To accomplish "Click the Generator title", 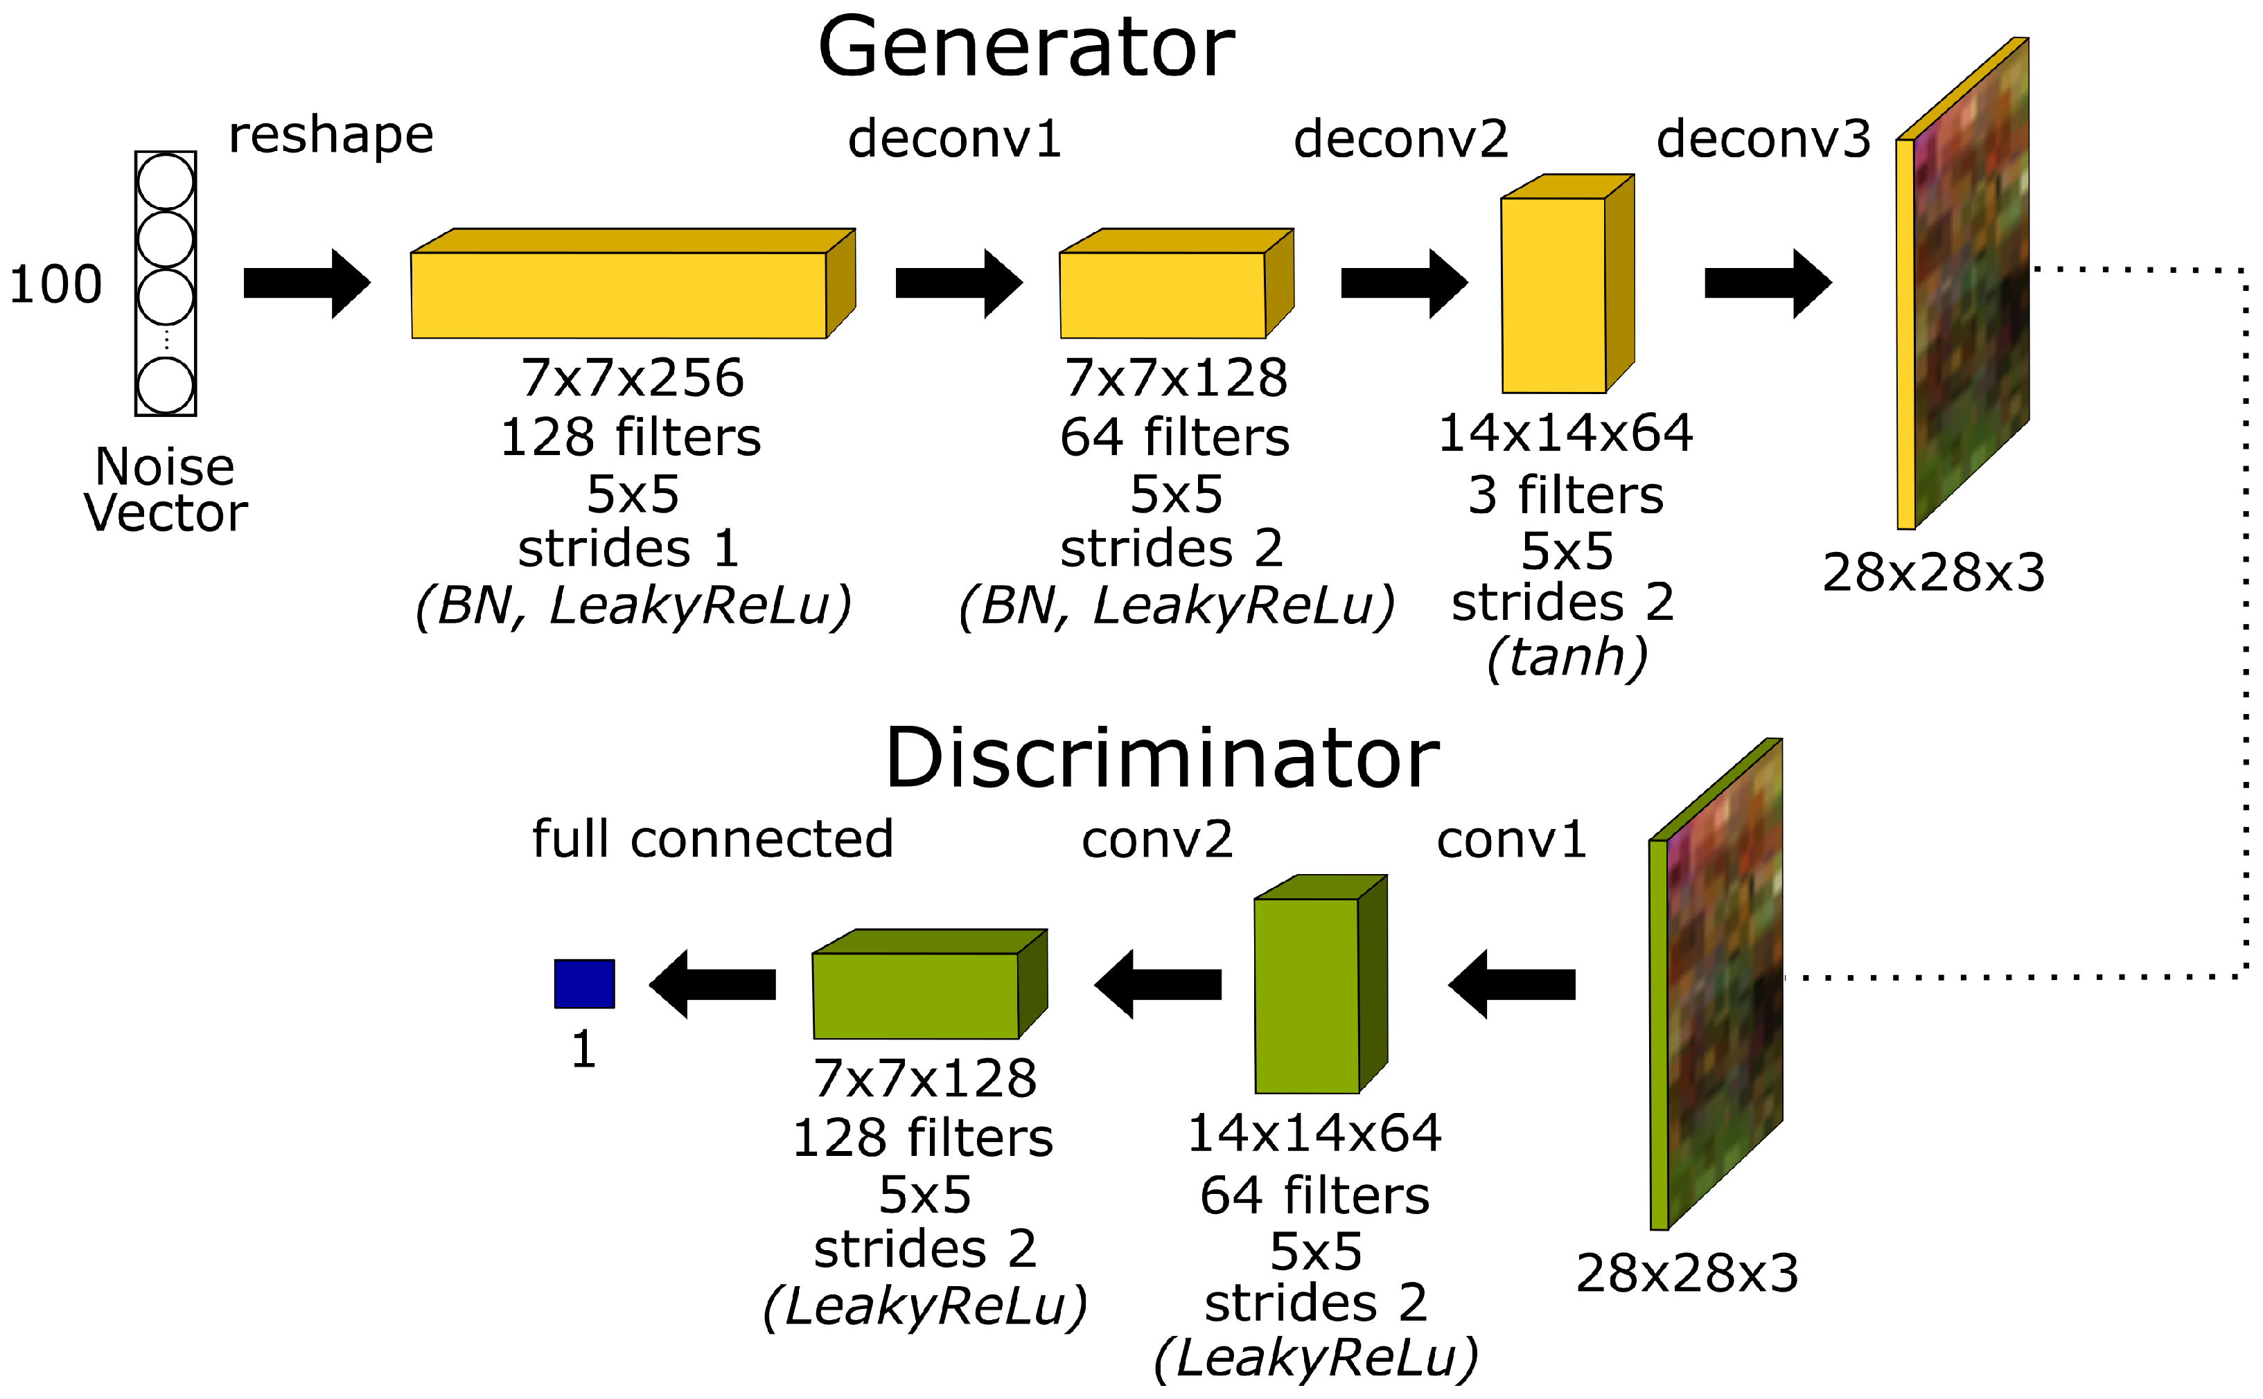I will pyautogui.click(x=1025, y=48).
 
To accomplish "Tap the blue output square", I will pyautogui.click(x=584, y=983).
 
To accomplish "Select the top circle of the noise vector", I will pyautogui.click(x=166, y=181).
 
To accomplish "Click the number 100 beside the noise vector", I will pyautogui.click(x=55, y=284).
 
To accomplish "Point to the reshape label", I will pyautogui.click(x=331, y=136).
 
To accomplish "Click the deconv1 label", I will pyautogui.click(x=954, y=140).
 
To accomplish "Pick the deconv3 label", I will pyautogui.click(x=1763, y=140).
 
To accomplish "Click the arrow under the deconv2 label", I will pyautogui.click(x=1403, y=283).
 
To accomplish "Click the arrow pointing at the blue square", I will pyautogui.click(x=713, y=984).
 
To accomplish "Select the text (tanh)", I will pyautogui.click(x=1567, y=657).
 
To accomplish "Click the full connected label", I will pyautogui.click(x=713, y=839).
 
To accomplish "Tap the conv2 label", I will pyautogui.click(x=1157, y=840).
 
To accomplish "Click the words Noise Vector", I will pyautogui.click(x=166, y=490).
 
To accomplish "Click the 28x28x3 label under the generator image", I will pyautogui.click(x=1933, y=573).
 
